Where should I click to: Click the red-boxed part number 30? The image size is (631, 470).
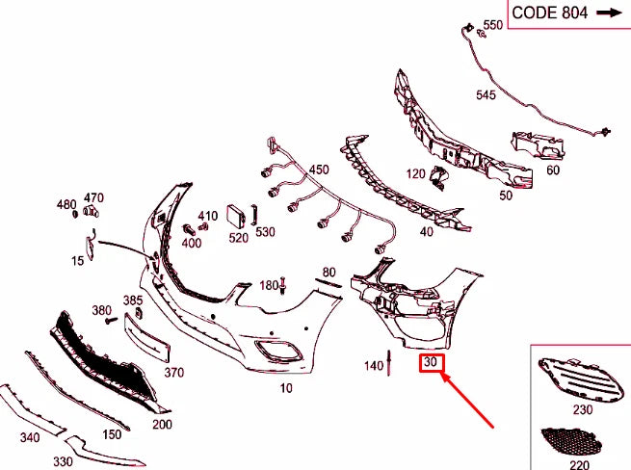431,363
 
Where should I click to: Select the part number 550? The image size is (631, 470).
493,25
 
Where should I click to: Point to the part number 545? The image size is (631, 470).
486,95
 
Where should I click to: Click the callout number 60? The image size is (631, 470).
552,170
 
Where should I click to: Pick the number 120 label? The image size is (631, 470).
415,174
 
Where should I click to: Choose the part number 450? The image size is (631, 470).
319,170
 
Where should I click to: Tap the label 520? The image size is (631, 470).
239,237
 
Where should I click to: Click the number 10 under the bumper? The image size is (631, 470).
286,388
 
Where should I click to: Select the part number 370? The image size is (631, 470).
173,372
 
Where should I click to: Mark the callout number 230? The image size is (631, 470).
583,409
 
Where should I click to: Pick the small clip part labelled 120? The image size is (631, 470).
438,177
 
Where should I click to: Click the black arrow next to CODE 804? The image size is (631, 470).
609,13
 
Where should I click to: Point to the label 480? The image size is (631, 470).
66,205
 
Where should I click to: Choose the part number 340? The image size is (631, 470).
30,438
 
